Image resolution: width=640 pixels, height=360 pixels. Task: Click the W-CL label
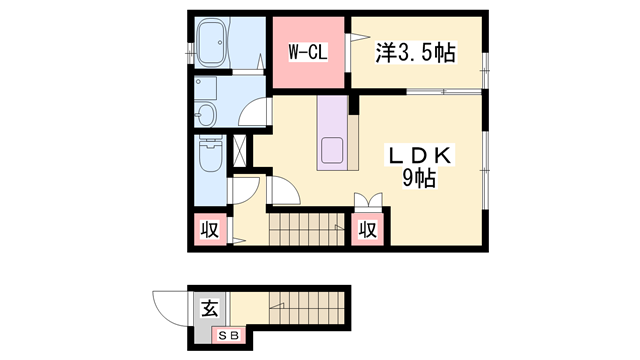(308, 52)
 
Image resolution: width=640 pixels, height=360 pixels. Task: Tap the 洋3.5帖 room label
(415, 53)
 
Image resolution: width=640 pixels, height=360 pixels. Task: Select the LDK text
(419, 156)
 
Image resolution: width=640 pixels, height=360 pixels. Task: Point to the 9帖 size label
(419, 178)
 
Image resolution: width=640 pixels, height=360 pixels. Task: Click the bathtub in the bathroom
(213, 44)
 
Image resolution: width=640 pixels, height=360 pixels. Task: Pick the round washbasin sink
(205, 114)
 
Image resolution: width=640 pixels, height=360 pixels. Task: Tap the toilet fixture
(211, 153)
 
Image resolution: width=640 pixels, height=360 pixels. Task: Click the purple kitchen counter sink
(332, 151)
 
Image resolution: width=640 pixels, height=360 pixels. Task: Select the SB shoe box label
(229, 336)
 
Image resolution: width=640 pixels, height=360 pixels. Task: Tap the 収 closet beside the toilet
(210, 230)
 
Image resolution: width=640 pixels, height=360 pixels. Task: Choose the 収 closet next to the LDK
(367, 230)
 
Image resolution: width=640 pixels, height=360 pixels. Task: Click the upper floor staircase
(307, 230)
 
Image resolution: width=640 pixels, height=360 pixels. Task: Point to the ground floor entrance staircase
(307, 308)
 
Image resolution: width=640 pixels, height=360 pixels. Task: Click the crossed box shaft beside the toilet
(240, 151)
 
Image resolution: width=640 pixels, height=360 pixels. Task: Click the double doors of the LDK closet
(368, 201)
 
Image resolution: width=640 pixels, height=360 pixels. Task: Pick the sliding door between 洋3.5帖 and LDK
(444, 92)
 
